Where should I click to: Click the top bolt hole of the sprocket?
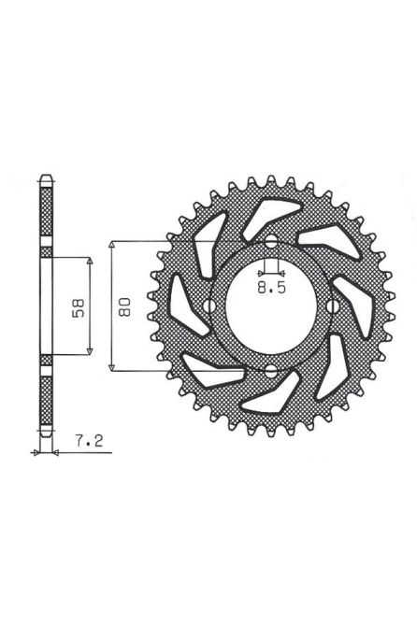click(271, 245)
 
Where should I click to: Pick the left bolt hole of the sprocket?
click(207, 308)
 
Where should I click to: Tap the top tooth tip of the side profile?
click(46, 178)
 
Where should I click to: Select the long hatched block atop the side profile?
click(46, 216)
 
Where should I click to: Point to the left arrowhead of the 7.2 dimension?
click(37, 451)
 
